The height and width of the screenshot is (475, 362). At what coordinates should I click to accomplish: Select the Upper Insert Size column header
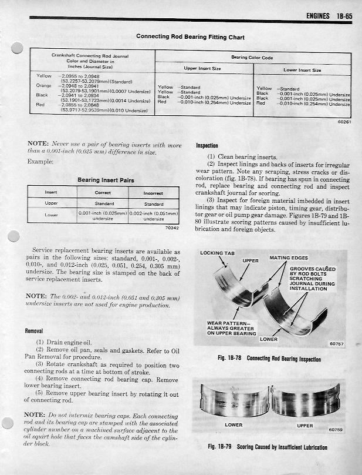coord(202,69)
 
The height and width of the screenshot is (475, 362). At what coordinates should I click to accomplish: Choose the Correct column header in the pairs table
coord(103,192)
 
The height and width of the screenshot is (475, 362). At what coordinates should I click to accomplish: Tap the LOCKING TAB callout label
coord(217,253)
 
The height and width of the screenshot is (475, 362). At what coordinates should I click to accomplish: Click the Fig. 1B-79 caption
coord(268,447)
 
